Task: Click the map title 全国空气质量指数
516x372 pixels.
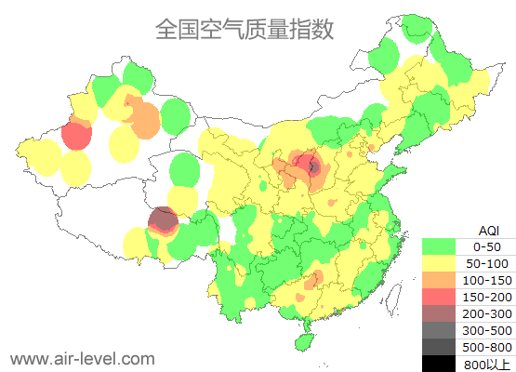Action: (245, 29)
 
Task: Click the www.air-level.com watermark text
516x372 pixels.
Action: (82, 358)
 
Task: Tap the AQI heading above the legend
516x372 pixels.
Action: (487, 231)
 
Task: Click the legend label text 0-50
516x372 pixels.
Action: (487, 247)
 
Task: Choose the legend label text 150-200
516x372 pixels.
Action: (487, 297)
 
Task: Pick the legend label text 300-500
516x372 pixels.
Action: (487, 330)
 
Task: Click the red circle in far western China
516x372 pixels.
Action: (76, 137)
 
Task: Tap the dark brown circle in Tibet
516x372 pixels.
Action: (163, 220)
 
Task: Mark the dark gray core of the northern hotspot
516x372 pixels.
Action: (313, 167)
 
